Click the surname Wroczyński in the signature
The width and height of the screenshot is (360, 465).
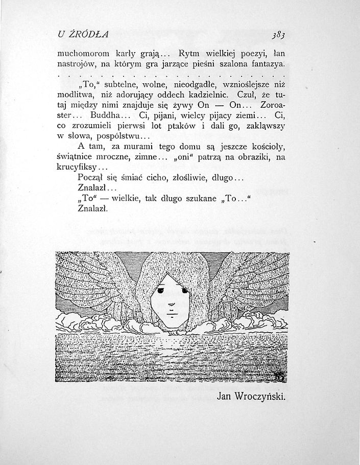[259, 396]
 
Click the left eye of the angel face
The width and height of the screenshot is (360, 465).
[162, 291]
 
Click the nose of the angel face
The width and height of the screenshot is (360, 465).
[171, 305]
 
